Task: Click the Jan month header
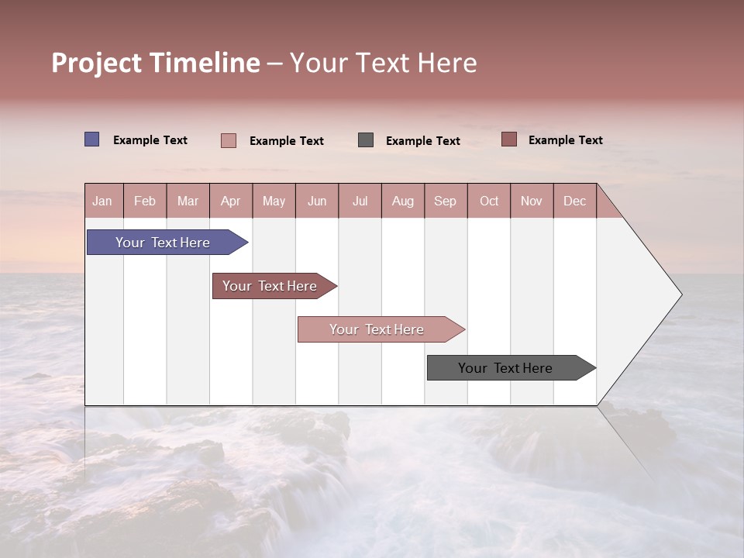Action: point(102,201)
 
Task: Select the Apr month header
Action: point(230,201)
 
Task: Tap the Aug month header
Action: point(402,201)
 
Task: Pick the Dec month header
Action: point(574,201)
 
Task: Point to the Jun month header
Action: point(316,201)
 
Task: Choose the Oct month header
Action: point(488,201)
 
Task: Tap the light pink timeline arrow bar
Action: point(377,329)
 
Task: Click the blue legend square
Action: point(91,139)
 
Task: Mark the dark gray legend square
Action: point(366,140)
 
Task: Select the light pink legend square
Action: point(228,140)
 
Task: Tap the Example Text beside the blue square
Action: point(150,140)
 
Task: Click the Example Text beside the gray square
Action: point(423,141)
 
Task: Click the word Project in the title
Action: point(97,63)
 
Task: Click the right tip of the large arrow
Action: point(680,294)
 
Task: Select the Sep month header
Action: point(445,201)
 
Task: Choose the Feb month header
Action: point(145,201)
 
